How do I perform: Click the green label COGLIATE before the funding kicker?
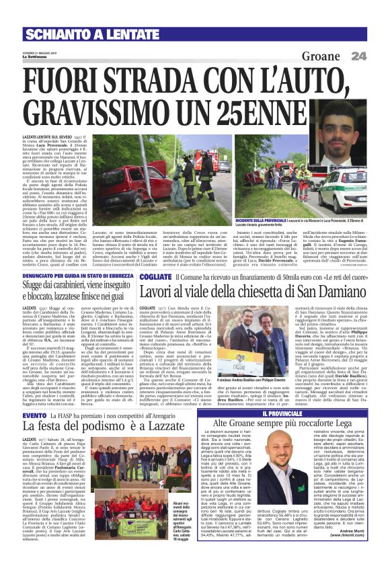point(151,276)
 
